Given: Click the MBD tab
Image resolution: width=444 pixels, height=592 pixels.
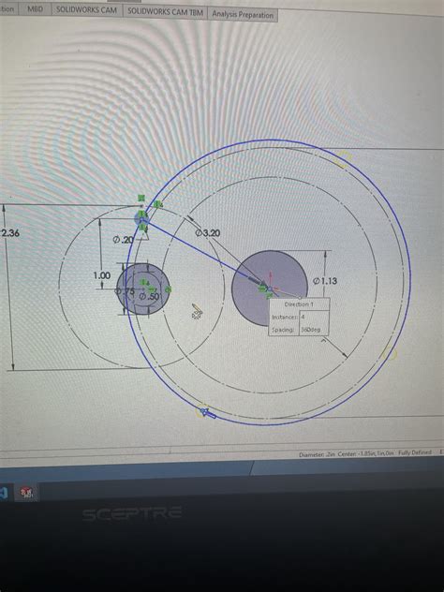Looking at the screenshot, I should click(35, 7).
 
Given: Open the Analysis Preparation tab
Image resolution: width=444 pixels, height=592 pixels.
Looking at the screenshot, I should click(243, 15).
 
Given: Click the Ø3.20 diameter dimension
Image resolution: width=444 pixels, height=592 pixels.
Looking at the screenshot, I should click(207, 231).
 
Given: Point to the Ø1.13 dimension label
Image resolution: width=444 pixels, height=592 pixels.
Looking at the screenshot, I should click(325, 280).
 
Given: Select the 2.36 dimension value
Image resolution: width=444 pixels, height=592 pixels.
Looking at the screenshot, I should click(11, 233).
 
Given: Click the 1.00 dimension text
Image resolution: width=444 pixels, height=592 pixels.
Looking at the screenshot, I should click(101, 275).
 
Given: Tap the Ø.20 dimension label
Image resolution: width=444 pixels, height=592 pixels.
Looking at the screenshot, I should click(123, 240).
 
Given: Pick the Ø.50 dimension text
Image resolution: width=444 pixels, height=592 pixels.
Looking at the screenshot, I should click(148, 297).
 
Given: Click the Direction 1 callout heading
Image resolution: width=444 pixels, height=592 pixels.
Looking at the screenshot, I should click(300, 304).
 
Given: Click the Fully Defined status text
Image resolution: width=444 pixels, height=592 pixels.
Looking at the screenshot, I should click(414, 454).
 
